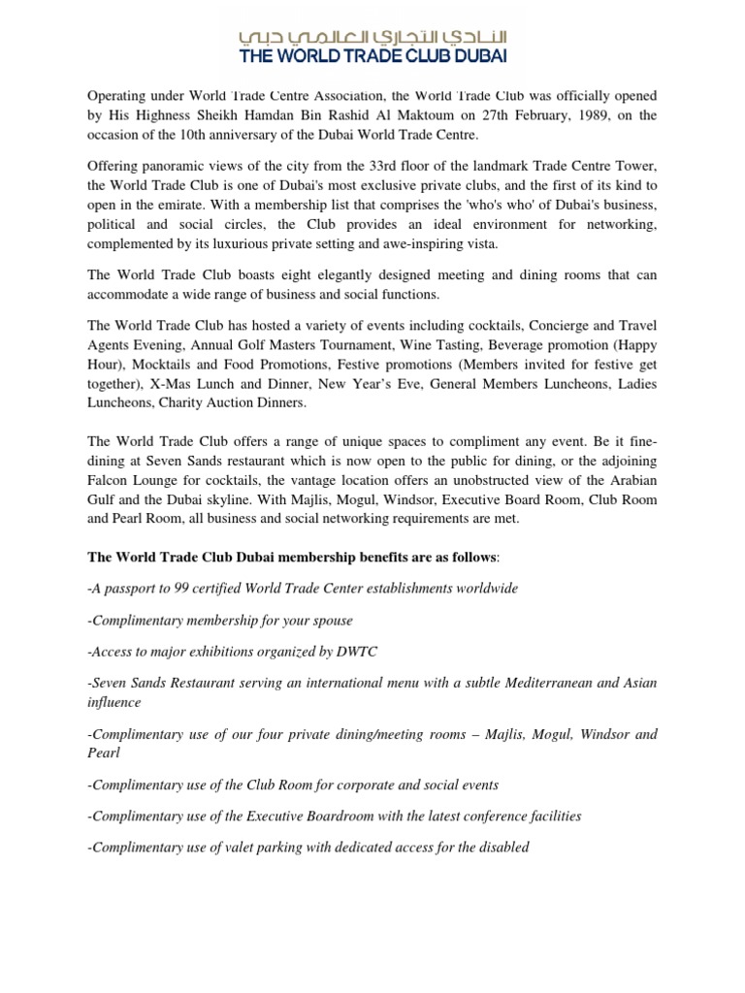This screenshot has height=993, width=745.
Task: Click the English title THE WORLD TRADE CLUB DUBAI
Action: coord(373,56)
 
